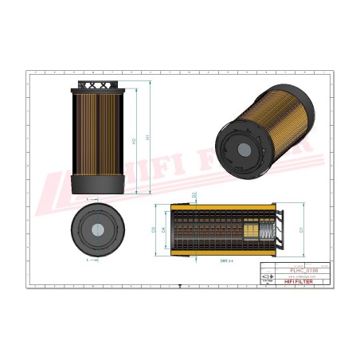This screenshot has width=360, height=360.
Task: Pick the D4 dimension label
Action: point(164,230)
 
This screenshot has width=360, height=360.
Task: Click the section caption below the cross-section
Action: point(225,260)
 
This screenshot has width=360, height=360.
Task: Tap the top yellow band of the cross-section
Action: point(223,206)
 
